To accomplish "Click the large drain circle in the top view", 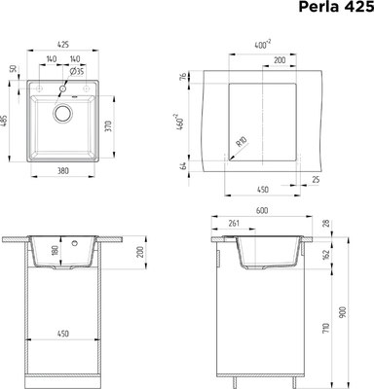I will tap(63, 114).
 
